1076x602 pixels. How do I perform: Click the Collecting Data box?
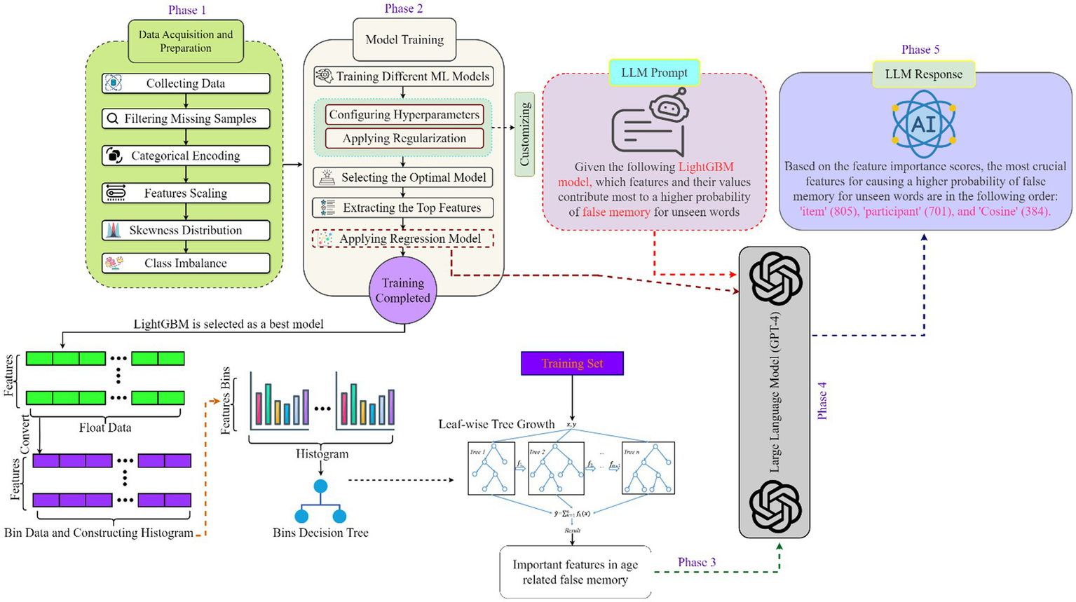[x=186, y=83]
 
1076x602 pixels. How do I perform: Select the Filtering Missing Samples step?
[x=186, y=119]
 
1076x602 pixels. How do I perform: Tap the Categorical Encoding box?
[x=186, y=156]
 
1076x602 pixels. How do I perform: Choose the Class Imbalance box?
[x=186, y=264]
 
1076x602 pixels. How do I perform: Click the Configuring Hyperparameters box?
[x=404, y=115]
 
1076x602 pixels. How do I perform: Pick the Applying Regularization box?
[x=404, y=138]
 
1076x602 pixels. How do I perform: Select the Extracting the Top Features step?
[x=403, y=208]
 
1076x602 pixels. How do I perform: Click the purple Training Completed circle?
[x=402, y=290]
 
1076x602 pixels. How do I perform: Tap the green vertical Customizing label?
[x=524, y=134]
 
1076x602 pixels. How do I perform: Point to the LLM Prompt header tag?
[x=653, y=73]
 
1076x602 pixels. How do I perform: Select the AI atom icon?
[x=923, y=124]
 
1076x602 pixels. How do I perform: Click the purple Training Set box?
[x=572, y=363]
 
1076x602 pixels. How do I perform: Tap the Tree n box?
[x=648, y=469]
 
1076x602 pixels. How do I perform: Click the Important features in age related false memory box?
[x=575, y=572]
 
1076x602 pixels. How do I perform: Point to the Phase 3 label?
[x=696, y=562]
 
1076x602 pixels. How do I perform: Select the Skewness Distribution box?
[x=186, y=231]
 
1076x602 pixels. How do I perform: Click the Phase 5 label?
[x=920, y=50]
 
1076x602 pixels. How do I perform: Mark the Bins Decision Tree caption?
[x=320, y=533]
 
